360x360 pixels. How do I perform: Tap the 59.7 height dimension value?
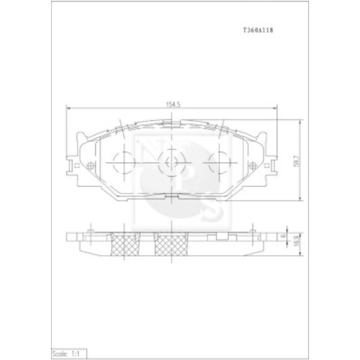coord(298,161)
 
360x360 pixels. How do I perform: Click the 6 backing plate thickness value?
coord(283,236)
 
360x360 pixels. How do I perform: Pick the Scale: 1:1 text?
coord(66,353)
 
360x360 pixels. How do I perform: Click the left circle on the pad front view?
coord(124,163)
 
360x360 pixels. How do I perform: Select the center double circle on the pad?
coord(171,163)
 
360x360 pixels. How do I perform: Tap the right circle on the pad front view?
coord(218,163)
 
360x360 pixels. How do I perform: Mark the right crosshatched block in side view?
coord(171,245)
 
